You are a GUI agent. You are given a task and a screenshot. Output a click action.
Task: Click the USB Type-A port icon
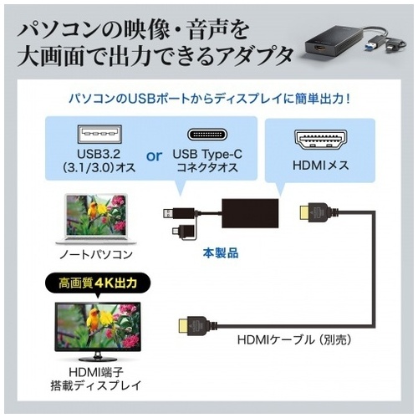[99, 134]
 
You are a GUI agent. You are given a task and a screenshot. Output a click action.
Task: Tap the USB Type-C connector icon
[207, 135]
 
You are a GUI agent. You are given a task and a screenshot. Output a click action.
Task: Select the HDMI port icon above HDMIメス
[320, 140]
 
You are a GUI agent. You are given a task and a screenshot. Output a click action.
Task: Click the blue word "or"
[154, 156]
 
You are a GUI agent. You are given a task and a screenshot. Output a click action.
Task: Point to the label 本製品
[221, 253]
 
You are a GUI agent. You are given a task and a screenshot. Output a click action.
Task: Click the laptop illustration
[96, 219]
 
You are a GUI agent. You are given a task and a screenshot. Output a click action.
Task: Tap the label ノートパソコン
[96, 254]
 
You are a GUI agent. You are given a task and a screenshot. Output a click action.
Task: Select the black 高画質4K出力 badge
[98, 283]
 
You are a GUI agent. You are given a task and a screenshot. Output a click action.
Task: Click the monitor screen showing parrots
[98, 327]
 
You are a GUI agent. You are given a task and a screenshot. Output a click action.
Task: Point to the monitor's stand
[98, 357]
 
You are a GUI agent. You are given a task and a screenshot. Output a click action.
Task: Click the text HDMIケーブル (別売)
[293, 339]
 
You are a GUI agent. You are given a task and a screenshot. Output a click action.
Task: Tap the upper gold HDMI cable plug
[306, 212]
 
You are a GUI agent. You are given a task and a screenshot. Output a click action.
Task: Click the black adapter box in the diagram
[250, 213]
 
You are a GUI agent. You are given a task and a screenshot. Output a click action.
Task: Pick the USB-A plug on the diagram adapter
[168, 214]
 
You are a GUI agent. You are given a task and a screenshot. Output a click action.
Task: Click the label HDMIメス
[320, 166]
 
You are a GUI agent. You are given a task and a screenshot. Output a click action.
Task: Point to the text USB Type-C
[207, 154]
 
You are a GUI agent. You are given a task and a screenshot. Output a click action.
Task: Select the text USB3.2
[99, 154]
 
